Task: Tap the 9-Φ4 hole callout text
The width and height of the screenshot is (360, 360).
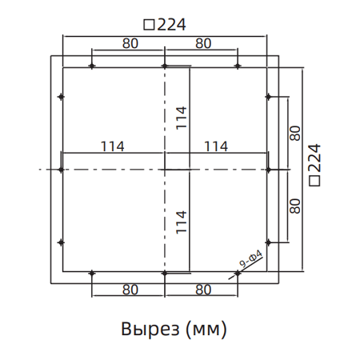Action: click(x=251, y=261)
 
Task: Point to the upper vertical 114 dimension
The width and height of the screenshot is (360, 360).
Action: click(x=182, y=118)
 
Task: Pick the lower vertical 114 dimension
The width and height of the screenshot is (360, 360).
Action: click(x=182, y=221)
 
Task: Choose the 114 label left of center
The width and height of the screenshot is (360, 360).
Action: click(x=113, y=146)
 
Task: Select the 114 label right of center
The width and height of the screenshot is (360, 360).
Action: click(x=216, y=146)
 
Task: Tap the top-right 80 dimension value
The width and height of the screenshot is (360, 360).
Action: click(x=202, y=44)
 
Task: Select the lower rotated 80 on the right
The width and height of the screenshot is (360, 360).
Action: click(x=295, y=205)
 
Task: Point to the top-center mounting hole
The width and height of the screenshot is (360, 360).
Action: click(x=164, y=66)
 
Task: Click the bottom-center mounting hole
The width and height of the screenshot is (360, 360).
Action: click(x=164, y=274)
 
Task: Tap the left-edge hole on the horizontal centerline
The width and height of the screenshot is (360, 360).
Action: click(x=61, y=170)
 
